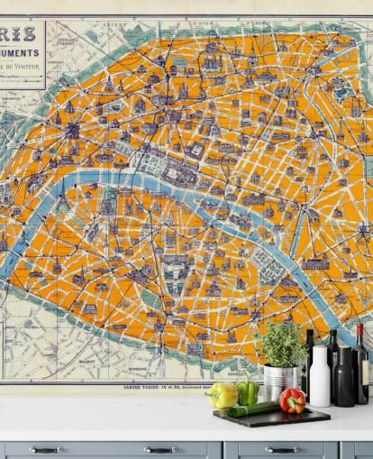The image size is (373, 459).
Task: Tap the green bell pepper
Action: (x=247, y=393)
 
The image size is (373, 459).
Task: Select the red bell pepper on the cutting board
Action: (x=292, y=400)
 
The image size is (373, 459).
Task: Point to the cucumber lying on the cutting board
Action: (x=255, y=409)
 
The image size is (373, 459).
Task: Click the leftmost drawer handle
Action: (x=45, y=449)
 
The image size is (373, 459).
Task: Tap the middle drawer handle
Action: (x=160, y=449)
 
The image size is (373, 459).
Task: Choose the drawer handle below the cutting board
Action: (x=282, y=449)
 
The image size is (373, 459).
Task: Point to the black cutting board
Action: (x=270, y=417)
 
